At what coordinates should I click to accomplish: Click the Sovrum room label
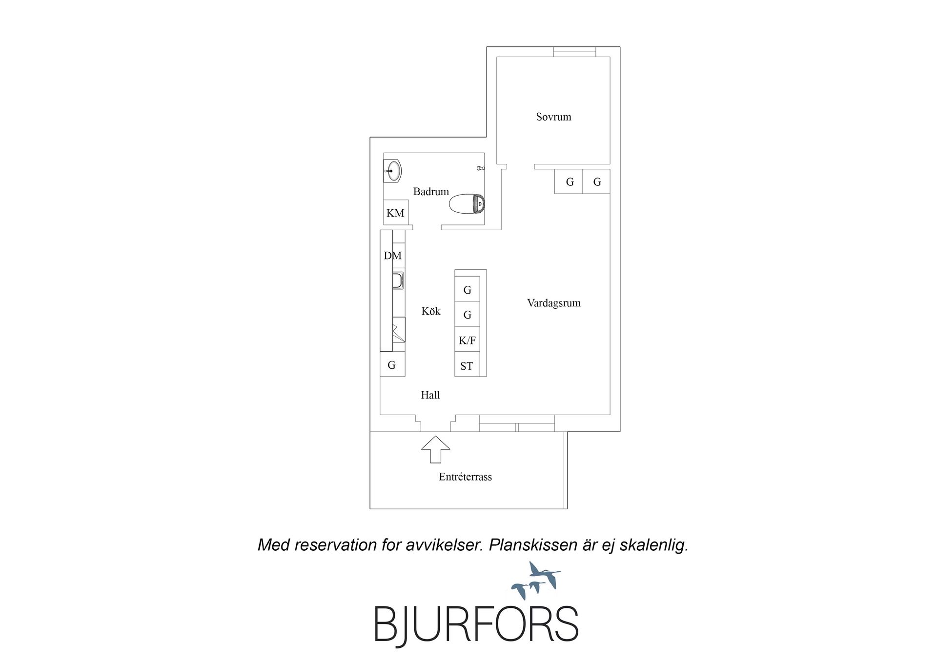(x=553, y=117)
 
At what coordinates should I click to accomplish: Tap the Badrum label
(x=431, y=192)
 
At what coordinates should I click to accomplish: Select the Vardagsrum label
(x=554, y=303)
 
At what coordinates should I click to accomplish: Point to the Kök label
(x=431, y=311)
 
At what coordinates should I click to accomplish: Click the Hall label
(x=430, y=395)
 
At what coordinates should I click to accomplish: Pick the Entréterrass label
(x=465, y=477)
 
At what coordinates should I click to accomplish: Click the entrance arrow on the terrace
(x=435, y=449)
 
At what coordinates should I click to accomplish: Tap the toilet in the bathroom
(x=467, y=204)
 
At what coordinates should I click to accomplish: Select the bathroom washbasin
(x=392, y=171)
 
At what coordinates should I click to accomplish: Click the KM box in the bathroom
(x=396, y=213)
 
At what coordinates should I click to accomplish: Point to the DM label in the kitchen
(x=393, y=256)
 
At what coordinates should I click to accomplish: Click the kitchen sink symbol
(x=398, y=281)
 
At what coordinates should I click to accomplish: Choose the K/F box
(x=467, y=340)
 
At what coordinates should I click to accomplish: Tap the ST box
(x=467, y=365)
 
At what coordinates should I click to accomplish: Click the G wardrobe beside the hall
(x=392, y=365)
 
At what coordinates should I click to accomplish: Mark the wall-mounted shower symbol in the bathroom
(x=481, y=168)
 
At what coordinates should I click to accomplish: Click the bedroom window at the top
(x=574, y=52)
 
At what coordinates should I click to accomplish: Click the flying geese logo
(x=536, y=581)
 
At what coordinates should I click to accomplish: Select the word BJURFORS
(x=476, y=624)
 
